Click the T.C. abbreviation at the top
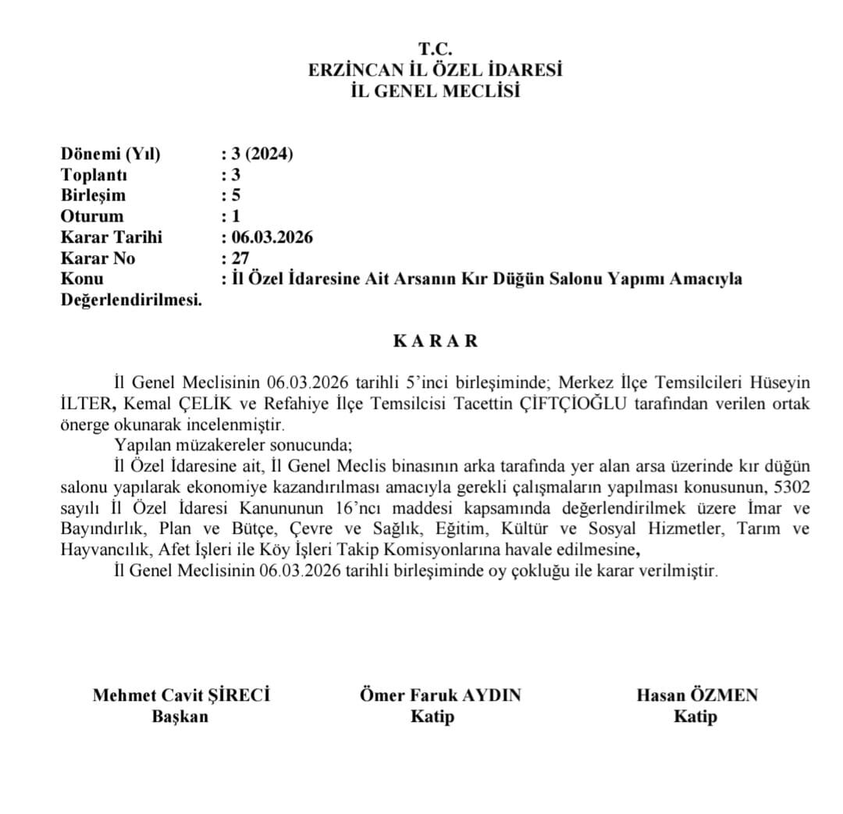click(435, 50)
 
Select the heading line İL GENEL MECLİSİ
click(435, 91)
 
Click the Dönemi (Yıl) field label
click(110, 154)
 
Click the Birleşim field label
click(93, 195)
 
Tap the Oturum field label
click(91, 216)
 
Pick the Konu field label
click(82, 279)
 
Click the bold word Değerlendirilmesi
click(130, 300)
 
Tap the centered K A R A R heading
click(435, 341)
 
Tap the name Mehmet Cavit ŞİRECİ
click(181, 695)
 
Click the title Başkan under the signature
click(180, 716)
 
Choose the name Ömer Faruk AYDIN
click(439, 695)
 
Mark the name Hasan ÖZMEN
click(696, 695)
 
